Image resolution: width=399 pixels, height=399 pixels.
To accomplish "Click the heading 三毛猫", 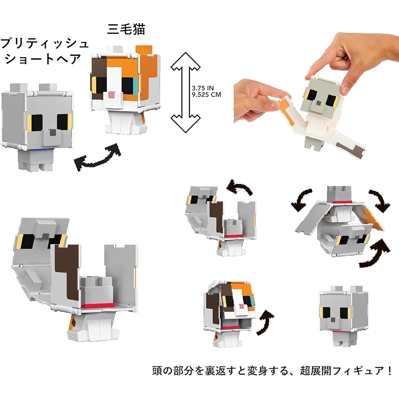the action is coord(126,29).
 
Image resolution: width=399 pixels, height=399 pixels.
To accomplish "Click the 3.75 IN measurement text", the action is coord(203,88).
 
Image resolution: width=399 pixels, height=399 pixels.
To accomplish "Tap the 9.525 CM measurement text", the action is coord(206,95).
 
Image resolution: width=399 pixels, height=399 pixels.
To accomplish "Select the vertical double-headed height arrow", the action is coord(186,92).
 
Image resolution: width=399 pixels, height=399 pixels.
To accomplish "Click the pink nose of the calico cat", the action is coord(111,95).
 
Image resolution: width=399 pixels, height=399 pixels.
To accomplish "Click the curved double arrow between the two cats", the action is coord(97,157).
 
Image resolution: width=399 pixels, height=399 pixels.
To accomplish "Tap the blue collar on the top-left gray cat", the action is coord(42,150).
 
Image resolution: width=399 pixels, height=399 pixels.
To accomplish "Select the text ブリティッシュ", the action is coord(45,43).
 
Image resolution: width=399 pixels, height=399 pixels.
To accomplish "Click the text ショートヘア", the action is coord(43,59).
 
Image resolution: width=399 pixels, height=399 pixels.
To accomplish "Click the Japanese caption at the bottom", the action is coord(272,371).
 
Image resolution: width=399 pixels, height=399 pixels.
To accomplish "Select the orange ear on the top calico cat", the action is coord(144,50).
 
